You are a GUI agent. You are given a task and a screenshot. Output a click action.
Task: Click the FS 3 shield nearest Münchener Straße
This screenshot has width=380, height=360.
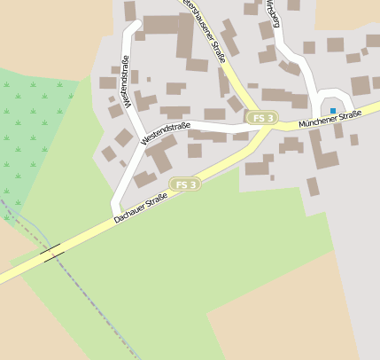coord(262,118)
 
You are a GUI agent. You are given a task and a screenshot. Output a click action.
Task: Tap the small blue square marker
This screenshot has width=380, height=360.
coord(333,110)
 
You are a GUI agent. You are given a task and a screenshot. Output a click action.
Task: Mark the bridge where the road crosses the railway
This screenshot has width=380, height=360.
coord(51,253)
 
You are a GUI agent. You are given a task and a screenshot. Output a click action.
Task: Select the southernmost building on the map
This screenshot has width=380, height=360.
coord(313,186)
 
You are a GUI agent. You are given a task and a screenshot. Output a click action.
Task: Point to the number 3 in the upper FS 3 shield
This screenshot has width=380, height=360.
coord(270,118)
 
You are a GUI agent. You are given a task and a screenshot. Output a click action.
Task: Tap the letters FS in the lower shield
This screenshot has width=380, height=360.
coord(181,184)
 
